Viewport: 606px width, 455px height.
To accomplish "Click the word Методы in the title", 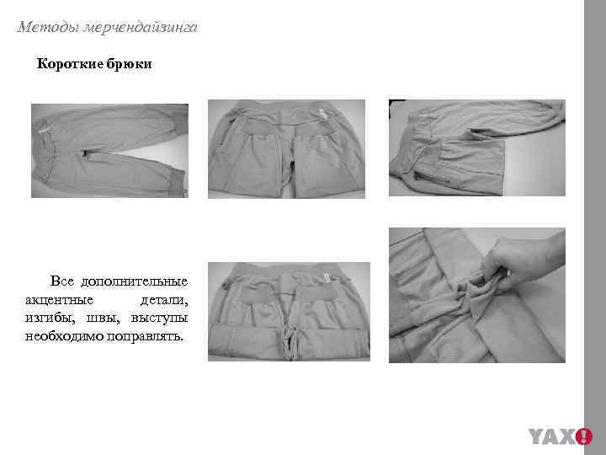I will pyautogui.click(x=47, y=28).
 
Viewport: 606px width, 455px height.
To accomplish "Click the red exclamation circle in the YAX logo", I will pyautogui.click(x=583, y=436).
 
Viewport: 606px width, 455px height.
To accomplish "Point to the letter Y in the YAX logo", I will pyautogui.click(x=539, y=436).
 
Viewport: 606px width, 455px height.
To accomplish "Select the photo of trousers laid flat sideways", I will pyautogui.click(x=109, y=150).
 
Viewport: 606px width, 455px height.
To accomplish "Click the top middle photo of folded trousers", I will pyautogui.click(x=286, y=149).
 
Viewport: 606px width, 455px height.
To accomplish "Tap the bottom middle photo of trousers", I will pyautogui.click(x=286, y=313).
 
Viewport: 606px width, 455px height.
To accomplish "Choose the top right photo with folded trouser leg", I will pyautogui.click(x=476, y=148).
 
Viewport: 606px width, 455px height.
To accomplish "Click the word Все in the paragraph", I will pyautogui.click(x=62, y=281).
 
